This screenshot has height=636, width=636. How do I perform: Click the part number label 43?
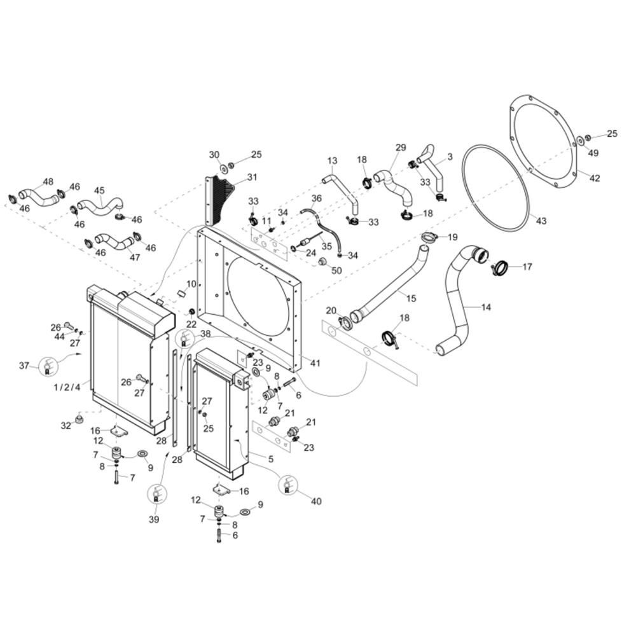tap(541, 221)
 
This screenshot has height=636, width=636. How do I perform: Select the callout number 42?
tap(595, 178)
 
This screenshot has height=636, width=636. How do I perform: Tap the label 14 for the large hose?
tap(486, 307)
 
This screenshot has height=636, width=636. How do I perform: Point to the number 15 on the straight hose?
tap(411, 298)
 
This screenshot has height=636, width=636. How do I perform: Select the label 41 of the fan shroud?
tap(315, 363)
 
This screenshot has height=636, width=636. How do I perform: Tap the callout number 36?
tap(316, 198)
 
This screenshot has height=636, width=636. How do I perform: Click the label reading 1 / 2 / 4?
tap(67, 387)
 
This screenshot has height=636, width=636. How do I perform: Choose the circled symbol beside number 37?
tap(48, 366)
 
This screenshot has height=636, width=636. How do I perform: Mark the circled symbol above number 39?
tap(156, 495)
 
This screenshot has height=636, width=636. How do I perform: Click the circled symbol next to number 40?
tap(288, 485)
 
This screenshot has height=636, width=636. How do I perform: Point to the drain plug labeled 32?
tap(79, 418)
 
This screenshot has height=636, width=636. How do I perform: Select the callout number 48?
tap(48, 181)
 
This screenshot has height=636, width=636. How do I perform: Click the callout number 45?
tap(99, 190)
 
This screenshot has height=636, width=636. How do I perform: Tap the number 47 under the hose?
tap(135, 257)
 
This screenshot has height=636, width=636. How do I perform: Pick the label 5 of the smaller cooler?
tap(270, 459)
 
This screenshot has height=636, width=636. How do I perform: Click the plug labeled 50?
tap(323, 261)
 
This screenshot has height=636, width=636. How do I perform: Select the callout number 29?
tap(401, 148)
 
